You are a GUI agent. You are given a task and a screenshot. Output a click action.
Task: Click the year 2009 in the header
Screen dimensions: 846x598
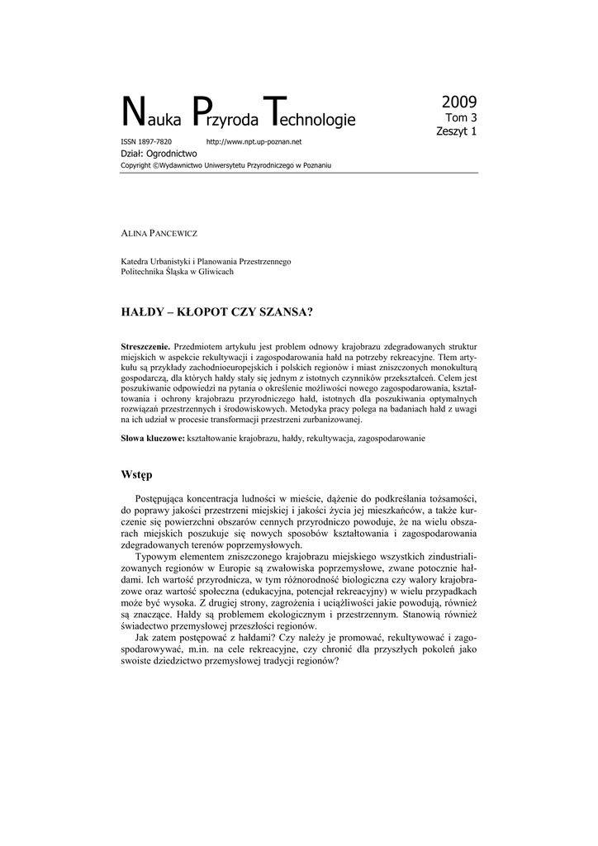[458, 102]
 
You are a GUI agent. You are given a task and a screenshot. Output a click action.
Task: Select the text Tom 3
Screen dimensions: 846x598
[461, 118]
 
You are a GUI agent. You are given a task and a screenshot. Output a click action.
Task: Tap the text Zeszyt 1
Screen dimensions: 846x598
[457, 131]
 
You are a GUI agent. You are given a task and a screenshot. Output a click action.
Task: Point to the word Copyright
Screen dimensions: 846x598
[136, 165]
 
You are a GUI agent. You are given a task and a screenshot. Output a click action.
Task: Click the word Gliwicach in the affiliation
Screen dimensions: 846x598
[215, 272]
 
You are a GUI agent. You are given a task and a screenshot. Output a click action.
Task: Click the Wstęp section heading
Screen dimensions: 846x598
[137, 475]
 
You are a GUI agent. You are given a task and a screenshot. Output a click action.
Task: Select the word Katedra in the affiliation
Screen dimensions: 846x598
[137, 261]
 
